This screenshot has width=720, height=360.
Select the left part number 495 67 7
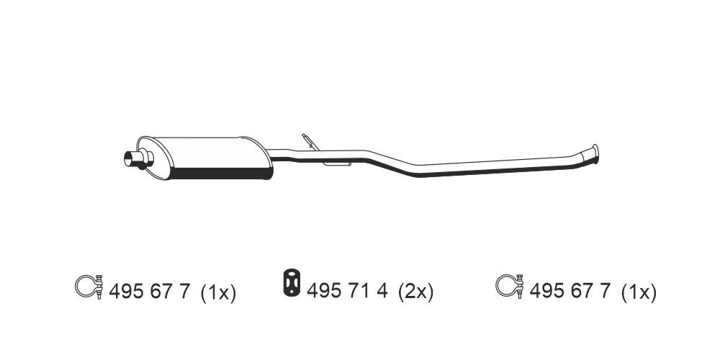click(x=149, y=292)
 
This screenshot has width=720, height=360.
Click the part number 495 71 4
click(x=348, y=291)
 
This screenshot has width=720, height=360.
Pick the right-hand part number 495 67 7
click(x=570, y=292)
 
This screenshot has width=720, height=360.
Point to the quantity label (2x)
click(x=415, y=292)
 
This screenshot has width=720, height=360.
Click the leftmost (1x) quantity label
click(x=217, y=292)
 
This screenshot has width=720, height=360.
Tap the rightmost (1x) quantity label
click(x=638, y=292)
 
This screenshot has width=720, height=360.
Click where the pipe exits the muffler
click(x=274, y=156)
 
